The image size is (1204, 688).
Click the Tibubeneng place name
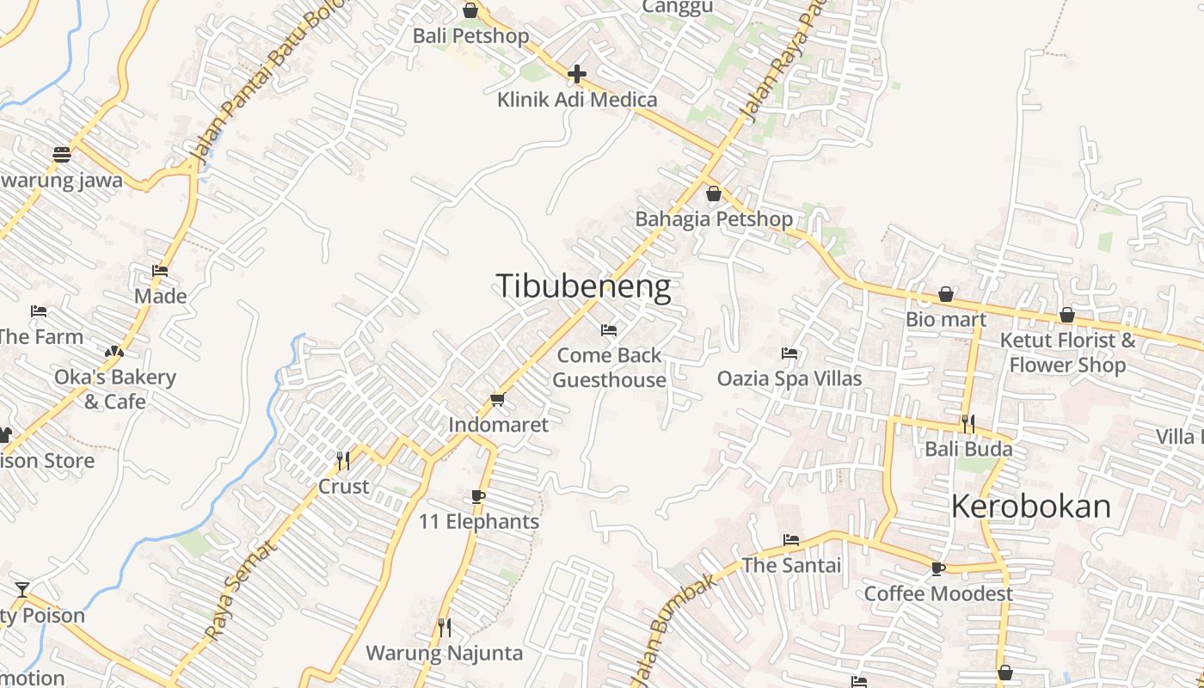point(583,286)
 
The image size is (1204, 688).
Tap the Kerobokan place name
point(1030,507)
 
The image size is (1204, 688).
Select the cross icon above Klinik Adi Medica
point(577,74)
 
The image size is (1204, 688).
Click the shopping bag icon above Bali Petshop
point(470,10)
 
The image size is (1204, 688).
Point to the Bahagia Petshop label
point(714,219)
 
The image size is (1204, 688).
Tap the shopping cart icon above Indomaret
point(497,400)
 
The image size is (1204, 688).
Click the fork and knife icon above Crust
point(343,461)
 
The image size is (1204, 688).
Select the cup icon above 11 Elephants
point(478,496)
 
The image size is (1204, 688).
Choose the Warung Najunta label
point(444,653)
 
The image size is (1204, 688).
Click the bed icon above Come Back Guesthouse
point(609,330)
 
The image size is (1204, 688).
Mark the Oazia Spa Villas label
point(789,378)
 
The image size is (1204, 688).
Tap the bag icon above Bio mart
point(946,295)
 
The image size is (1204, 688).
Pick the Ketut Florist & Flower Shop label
point(1067,353)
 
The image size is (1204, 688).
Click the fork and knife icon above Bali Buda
point(968,423)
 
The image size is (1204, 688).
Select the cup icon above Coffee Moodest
point(938,568)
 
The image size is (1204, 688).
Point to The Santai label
point(791,565)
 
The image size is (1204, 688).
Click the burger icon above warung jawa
point(61,155)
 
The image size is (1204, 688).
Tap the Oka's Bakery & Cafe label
point(114,389)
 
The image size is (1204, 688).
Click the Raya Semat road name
point(242,589)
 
